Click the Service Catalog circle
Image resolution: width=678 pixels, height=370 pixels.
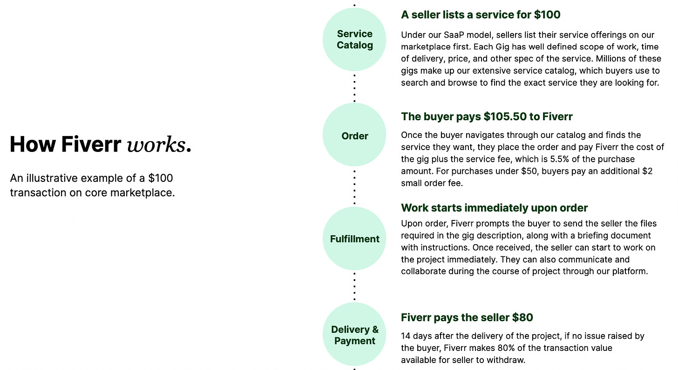pos(354,40)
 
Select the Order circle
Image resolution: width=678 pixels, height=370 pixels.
pos(354,136)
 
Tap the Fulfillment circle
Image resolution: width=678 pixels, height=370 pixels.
pos(354,239)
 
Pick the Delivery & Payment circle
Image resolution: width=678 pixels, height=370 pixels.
pos(354,335)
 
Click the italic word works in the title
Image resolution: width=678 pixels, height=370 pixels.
pos(156,145)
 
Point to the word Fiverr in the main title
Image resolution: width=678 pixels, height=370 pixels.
pos(91,145)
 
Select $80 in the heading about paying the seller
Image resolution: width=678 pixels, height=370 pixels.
pos(522,317)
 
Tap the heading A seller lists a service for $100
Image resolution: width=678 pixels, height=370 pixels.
pos(481,14)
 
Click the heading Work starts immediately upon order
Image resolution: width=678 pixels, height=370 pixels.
pos(494,207)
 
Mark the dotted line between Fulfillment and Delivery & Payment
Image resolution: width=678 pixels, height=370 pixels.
pos(354,287)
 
